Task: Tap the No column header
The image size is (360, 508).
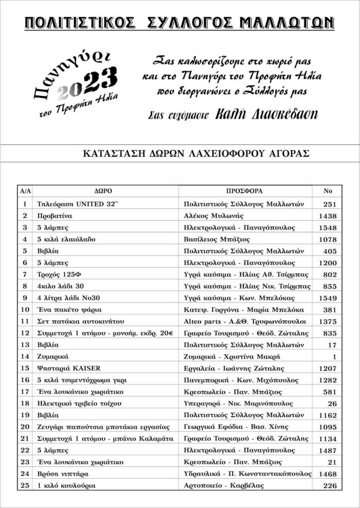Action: [327, 191]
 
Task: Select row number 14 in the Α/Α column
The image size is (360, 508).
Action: [24, 357]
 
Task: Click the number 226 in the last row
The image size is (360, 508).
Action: [330, 486]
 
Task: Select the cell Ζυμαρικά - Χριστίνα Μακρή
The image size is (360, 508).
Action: [232, 357]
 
